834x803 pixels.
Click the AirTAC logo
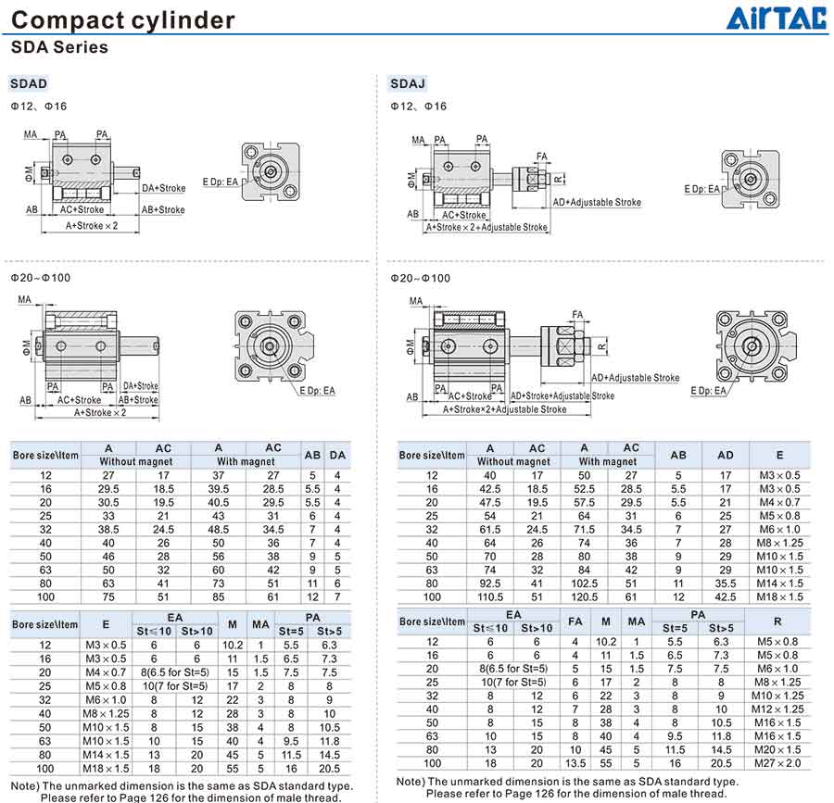click(777, 19)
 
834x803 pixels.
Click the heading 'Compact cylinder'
click(123, 20)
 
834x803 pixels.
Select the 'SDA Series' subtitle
click(59, 46)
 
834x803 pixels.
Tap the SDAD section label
click(29, 83)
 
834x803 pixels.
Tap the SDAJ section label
click(408, 83)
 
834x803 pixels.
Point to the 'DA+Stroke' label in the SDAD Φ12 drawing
click(163, 188)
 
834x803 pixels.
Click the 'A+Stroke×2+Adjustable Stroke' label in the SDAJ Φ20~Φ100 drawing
click(504, 409)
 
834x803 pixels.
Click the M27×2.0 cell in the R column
click(777, 763)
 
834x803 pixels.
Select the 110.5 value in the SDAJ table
click(490, 596)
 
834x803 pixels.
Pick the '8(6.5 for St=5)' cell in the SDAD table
click(175, 672)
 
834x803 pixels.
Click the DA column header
click(337, 455)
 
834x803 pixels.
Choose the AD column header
click(726, 455)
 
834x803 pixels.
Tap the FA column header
click(575, 621)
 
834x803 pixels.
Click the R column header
click(777, 621)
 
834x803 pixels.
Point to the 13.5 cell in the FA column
click(575, 763)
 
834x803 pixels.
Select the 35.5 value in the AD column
click(726, 583)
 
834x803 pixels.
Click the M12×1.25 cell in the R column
click(777, 709)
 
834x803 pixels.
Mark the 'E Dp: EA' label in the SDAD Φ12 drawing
click(221, 182)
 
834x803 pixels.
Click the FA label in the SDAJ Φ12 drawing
click(541, 157)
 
